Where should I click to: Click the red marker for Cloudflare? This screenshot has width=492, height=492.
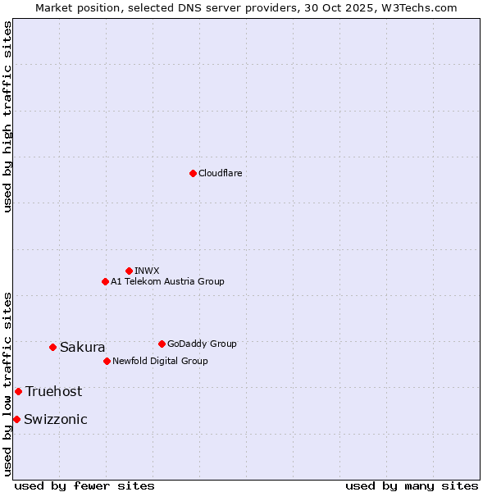pyautogui.click(x=193, y=173)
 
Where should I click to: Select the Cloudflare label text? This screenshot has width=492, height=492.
pyautogui.click(x=221, y=173)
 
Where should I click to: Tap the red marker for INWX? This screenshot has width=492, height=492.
pyautogui.click(x=129, y=271)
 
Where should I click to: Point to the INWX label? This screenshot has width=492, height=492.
pyautogui.click(x=147, y=271)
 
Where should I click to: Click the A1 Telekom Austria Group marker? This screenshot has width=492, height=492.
pyautogui.click(x=105, y=281)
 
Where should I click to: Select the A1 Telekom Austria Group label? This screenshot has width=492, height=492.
pyautogui.click(x=167, y=281)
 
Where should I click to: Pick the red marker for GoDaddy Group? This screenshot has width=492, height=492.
pyautogui.click(x=162, y=344)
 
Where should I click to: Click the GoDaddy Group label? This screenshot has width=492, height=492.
pyautogui.click(x=202, y=344)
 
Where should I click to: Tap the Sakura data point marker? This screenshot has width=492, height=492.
pyautogui.click(x=52, y=347)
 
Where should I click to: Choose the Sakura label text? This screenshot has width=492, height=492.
pyautogui.click(x=82, y=347)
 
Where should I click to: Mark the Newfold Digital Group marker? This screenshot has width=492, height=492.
pyautogui.click(x=107, y=361)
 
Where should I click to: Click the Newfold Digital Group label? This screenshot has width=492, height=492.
pyautogui.click(x=160, y=361)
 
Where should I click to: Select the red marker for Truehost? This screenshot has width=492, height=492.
pyautogui.click(x=18, y=391)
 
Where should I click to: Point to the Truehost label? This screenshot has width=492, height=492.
pyautogui.click(x=53, y=391)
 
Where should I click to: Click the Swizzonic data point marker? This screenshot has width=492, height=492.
pyautogui.click(x=16, y=419)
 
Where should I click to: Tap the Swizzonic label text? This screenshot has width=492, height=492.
pyautogui.click(x=55, y=419)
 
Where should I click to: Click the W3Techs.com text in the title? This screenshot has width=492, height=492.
pyautogui.click(x=423, y=7)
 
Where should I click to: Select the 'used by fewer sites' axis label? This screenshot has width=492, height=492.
pyautogui.click(x=84, y=485)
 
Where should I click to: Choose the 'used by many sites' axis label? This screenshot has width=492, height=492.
pyautogui.click(x=412, y=485)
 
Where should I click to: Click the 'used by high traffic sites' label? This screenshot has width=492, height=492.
pyautogui.click(x=7, y=116)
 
